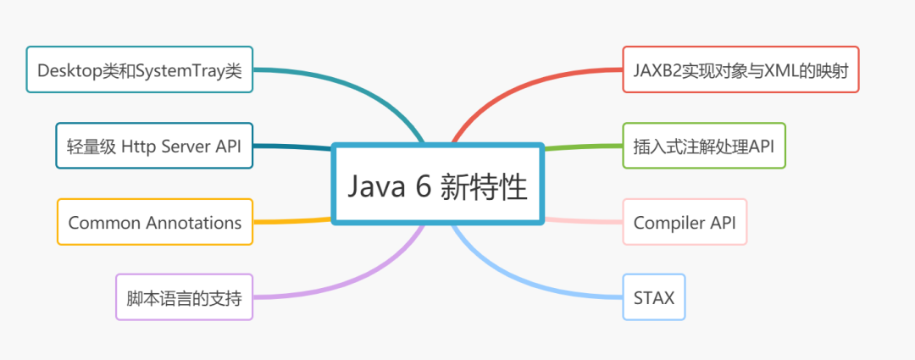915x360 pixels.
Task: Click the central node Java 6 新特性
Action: pyautogui.click(x=437, y=184)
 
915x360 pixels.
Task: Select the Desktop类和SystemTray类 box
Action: pyautogui.click(x=140, y=69)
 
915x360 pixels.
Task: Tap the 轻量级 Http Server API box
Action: pyautogui.click(x=154, y=146)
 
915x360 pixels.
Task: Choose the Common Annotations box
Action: pyautogui.click(x=155, y=222)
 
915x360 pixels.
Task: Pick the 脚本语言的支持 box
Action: pyautogui.click(x=184, y=297)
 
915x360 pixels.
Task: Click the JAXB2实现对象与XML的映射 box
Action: pyautogui.click(x=740, y=69)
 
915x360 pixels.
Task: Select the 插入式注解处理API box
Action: pyautogui.click(x=703, y=146)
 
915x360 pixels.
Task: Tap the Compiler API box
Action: pyautogui.click(x=685, y=222)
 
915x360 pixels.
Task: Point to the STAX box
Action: pyautogui.click(x=653, y=297)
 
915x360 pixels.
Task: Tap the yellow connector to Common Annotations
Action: pyautogui.click(x=292, y=221)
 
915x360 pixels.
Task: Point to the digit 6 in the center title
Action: pyautogui.click(x=423, y=186)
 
